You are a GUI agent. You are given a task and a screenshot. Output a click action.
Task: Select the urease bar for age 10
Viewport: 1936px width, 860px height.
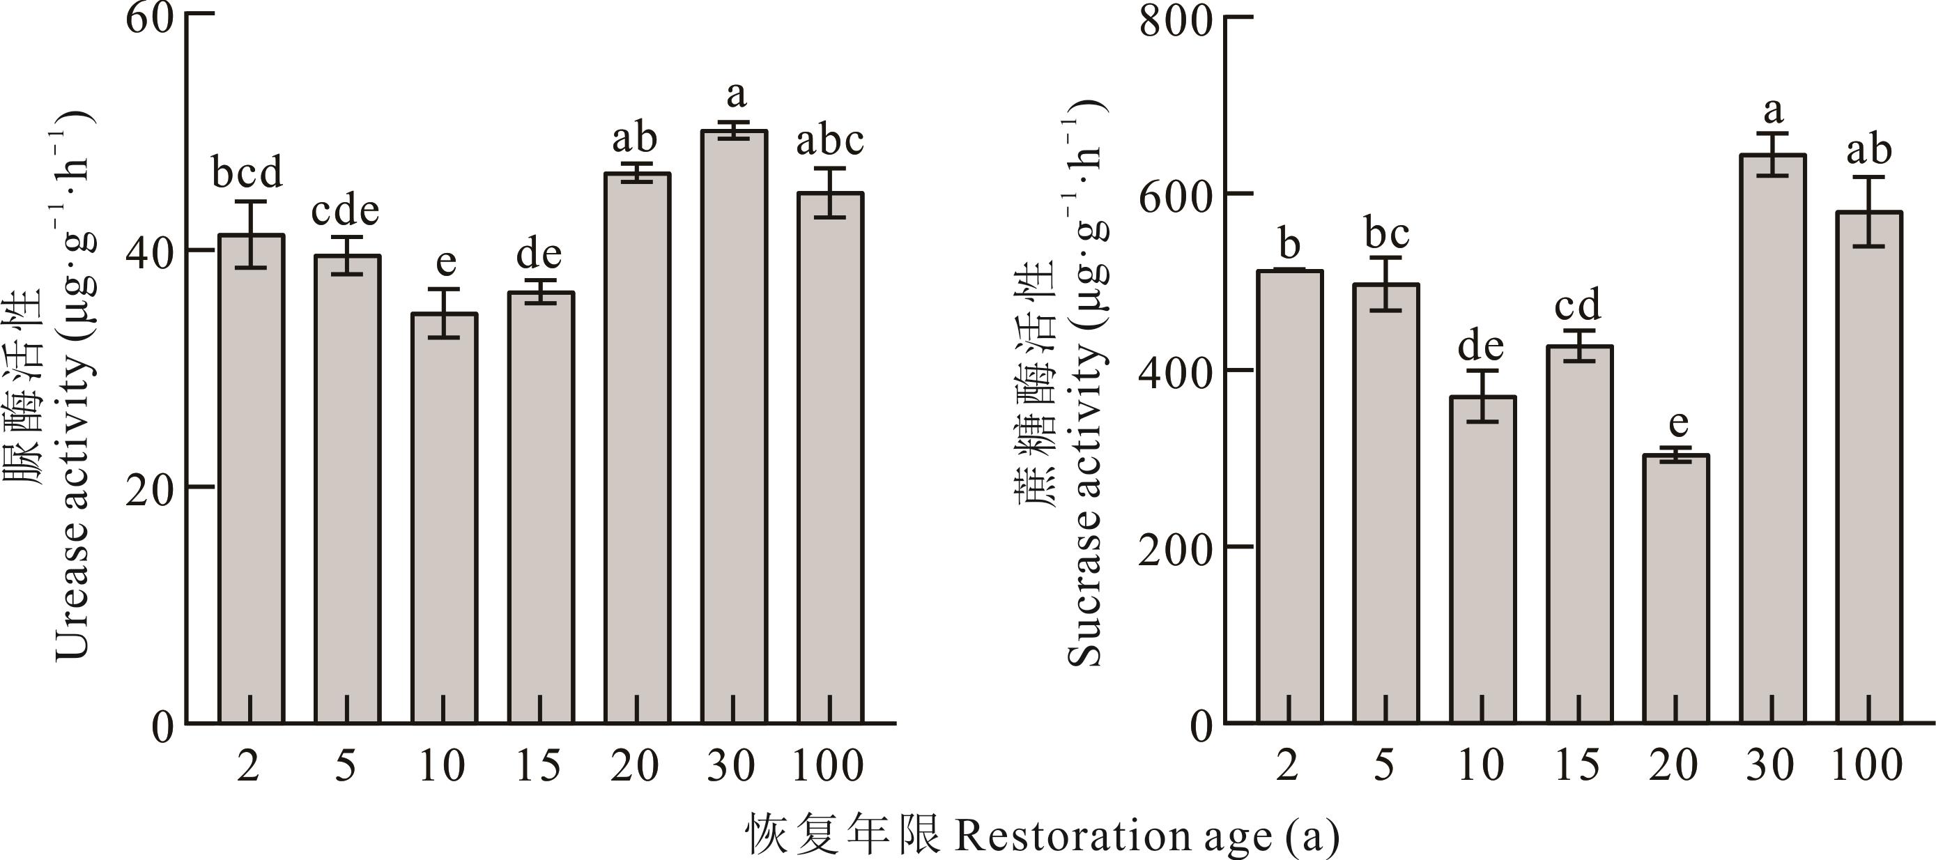click(x=443, y=519)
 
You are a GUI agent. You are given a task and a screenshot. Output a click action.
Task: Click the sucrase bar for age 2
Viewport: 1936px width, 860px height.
click(x=1289, y=496)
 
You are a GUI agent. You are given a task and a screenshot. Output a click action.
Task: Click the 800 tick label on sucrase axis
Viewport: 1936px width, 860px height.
click(x=1176, y=21)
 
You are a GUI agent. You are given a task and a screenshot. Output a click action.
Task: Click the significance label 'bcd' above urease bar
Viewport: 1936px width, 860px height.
click(x=247, y=173)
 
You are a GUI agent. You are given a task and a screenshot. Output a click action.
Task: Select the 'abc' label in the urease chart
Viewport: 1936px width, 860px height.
click(x=830, y=141)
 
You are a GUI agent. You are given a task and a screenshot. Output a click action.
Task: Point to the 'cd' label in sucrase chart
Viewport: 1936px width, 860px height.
click(x=1578, y=305)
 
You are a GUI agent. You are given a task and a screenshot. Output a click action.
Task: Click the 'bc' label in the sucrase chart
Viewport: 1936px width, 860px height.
click(x=1387, y=235)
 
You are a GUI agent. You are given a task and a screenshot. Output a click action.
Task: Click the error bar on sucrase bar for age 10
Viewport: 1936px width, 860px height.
click(x=1482, y=396)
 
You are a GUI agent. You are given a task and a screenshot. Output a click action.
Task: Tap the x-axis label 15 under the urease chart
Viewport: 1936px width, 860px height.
click(x=538, y=766)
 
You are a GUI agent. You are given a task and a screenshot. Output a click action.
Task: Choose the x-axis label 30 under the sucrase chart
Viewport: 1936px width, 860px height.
click(x=1771, y=766)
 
